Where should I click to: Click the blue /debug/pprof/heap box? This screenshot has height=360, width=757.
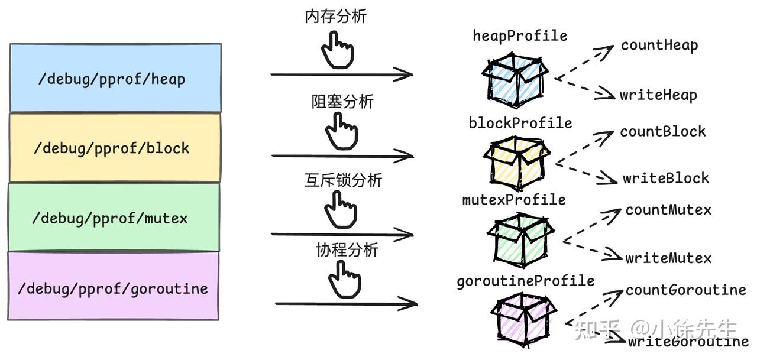115,78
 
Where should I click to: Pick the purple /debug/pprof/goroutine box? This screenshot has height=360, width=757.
113,287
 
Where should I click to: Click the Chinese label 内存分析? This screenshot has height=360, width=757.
335,17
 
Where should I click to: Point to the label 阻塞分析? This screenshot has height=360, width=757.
342,102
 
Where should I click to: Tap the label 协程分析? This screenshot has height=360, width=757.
347,250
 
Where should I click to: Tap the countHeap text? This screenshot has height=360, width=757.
659,46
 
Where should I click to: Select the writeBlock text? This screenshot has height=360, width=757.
665,178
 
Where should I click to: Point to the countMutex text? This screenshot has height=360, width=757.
668,210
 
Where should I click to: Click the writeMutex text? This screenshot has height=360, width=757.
668,258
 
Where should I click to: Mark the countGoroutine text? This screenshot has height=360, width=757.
685,290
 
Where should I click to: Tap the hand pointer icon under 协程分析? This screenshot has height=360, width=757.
344,280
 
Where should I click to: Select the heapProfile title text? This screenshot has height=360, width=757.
519,36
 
